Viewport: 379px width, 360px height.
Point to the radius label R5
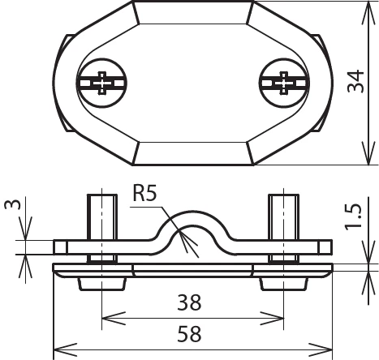(147, 195)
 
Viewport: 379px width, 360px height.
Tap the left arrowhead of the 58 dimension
(58, 346)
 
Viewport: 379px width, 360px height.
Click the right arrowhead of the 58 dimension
(329, 346)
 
